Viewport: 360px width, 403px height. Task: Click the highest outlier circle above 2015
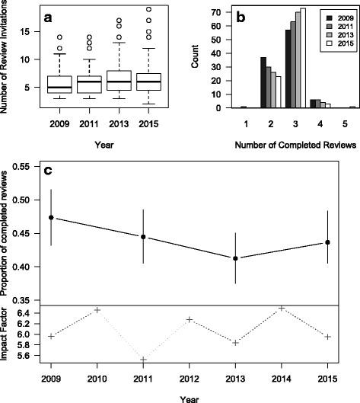(x=148, y=9)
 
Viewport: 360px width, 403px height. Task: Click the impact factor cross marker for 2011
(x=143, y=360)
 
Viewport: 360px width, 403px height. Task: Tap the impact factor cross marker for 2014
(x=282, y=309)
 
